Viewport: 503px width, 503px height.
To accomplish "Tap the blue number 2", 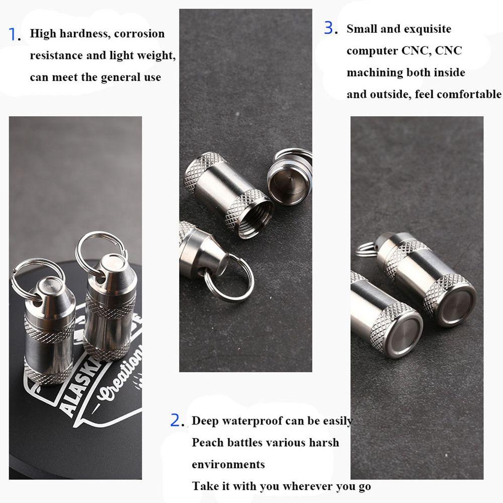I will (x=176, y=421).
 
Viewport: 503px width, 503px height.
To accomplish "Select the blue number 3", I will (x=329, y=29).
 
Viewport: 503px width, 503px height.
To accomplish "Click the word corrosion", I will (x=139, y=34).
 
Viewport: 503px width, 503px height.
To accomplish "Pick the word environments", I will (x=228, y=464).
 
